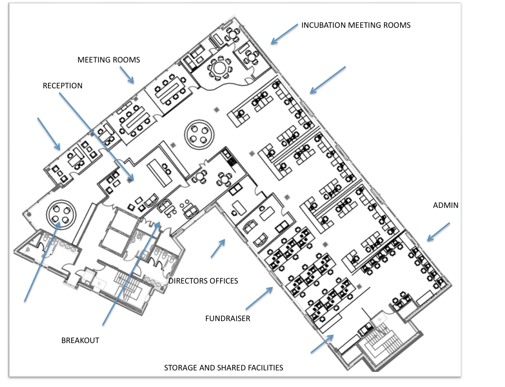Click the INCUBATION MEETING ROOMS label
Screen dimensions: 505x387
click(x=356, y=25)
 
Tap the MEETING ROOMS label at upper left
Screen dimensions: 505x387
click(x=108, y=60)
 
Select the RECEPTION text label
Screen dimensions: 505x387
click(x=62, y=86)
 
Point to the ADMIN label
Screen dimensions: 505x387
click(x=445, y=205)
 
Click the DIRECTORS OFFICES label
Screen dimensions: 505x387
click(x=203, y=281)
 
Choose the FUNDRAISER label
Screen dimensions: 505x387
click(x=227, y=319)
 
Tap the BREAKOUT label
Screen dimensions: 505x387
click(x=80, y=341)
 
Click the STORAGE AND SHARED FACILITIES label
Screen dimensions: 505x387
click(x=223, y=367)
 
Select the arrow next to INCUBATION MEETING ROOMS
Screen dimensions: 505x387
click(x=284, y=34)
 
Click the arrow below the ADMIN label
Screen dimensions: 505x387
click(x=438, y=232)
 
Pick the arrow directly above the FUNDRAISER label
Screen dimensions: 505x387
click(x=259, y=298)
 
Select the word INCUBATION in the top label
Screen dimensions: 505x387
click(x=323, y=25)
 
